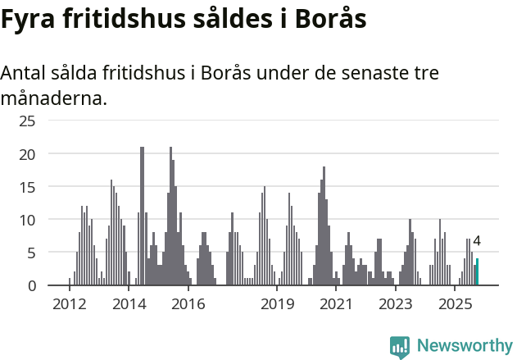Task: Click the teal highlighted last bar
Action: point(477,272)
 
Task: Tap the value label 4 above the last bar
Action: point(477,242)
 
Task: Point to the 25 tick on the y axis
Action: point(27,121)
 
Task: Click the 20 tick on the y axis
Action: point(27,154)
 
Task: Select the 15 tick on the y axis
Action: point(27,187)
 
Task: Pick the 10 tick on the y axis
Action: point(27,220)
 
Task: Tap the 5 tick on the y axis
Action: point(31,253)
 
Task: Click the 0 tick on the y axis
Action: point(31,285)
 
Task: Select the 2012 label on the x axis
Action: point(69,304)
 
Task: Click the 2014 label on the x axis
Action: point(129,304)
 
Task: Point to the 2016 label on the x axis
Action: point(188,304)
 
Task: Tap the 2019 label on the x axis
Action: point(278,304)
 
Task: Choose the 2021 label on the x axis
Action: point(337,304)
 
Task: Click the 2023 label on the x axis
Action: point(397,304)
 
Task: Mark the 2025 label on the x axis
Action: point(456,304)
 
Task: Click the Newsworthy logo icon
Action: point(400,346)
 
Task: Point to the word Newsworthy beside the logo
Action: point(464,346)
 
